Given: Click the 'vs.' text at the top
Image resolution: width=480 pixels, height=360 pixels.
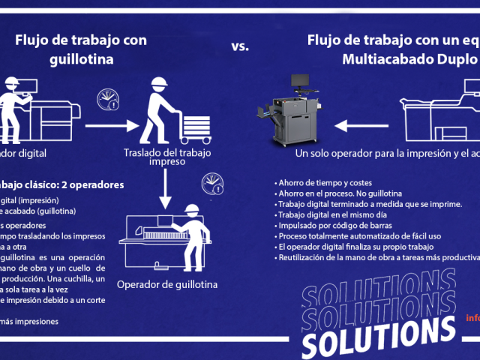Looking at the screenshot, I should pyautogui.click(x=239, y=46).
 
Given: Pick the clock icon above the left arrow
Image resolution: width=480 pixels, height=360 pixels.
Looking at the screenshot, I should pyautogui.click(x=109, y=100).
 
